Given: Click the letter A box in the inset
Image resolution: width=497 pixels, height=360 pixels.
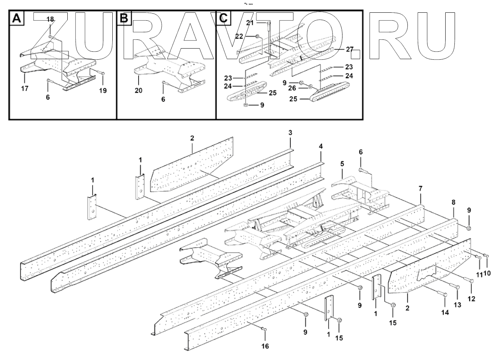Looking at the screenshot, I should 16,18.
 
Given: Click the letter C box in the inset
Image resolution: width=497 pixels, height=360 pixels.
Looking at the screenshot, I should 223,18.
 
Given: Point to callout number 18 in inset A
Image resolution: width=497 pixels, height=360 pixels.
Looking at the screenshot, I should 50,20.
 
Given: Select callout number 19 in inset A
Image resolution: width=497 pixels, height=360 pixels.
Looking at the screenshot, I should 103,90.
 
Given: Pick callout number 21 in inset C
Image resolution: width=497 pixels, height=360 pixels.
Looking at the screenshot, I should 250,23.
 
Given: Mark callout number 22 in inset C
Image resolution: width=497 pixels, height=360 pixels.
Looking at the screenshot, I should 250,36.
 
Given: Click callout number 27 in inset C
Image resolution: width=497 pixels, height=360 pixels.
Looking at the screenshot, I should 349,49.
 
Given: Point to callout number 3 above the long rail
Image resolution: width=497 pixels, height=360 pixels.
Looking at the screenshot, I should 291,132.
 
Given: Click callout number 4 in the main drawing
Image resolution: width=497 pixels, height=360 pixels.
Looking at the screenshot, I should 321,146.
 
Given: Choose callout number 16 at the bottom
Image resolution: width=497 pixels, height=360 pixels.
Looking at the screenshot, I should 265,346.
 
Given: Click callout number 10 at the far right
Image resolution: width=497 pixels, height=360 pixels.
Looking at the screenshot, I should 487,274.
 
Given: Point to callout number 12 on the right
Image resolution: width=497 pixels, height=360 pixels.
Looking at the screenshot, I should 472,298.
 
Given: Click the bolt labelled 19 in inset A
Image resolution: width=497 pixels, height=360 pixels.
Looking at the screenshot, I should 100,74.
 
